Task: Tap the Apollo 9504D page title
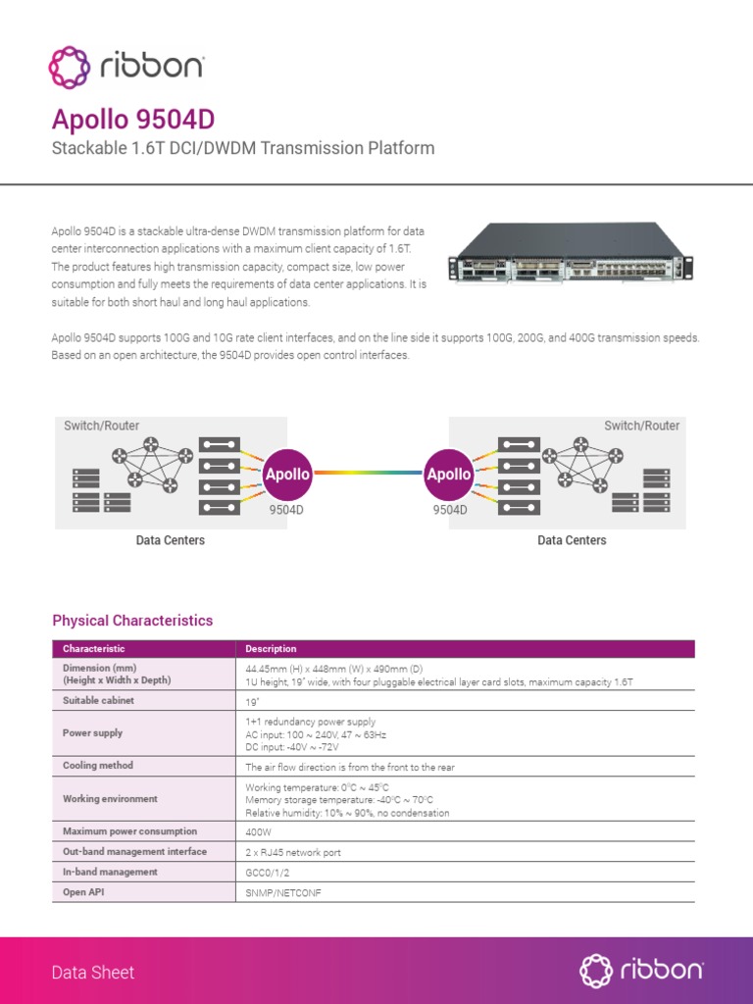coord(132,121)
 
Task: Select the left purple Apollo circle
coord(287,474)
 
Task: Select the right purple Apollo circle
coord(449,474)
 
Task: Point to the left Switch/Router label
coord(102,426)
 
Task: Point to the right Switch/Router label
coord(641,426)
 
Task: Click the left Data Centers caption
coord(171,540)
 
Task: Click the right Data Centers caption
coord(572,540)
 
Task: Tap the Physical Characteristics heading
coord(132,621)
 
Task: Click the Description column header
coord(271,649)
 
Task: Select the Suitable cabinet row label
coord(98,701)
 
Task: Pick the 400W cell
coord(259,831)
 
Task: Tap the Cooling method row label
coord(98,766)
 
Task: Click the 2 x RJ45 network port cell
coord(293,852)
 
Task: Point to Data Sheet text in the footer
coord(93,973)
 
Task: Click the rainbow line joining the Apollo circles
coord(368,474)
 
